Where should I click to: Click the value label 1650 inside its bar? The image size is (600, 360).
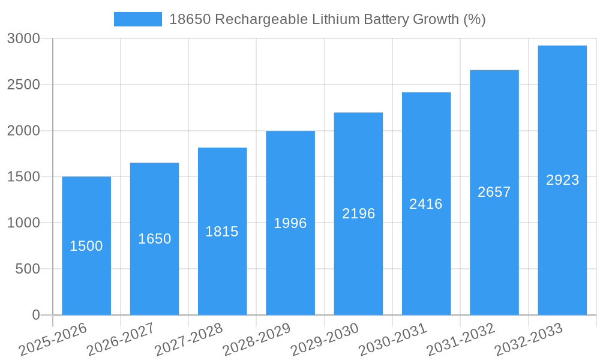(154, 239)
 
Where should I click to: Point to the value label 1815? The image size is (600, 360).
(222, 232)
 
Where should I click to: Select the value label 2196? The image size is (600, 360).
(358, 214)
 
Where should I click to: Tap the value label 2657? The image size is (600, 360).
(494, 192)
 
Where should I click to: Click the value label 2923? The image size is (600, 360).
(562, 180)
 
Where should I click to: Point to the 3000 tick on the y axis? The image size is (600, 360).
(23, 39)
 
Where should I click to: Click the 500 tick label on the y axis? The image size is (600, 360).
(28, 269)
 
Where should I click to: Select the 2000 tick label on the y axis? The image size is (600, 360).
(23, 131)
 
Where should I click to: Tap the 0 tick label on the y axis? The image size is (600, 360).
(35, 315)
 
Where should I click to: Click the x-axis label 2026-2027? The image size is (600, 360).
(121, 339)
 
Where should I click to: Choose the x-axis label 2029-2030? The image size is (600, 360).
(325, 339)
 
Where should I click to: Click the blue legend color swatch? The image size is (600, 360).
(137, 19)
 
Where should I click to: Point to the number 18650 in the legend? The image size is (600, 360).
(190, 19)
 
